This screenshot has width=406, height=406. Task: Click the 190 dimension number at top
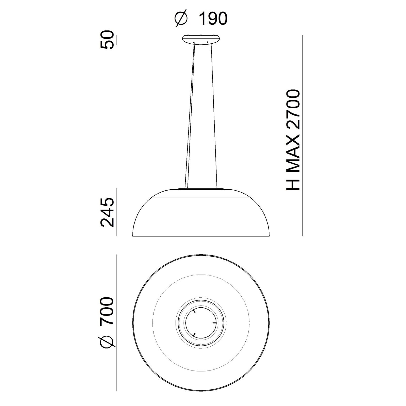(212, 19)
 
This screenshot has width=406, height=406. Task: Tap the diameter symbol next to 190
(181, 19)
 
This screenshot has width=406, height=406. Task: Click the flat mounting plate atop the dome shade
(201, 189)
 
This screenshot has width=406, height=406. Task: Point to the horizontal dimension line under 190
(200, 27)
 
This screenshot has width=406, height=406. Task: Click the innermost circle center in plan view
(201, 323)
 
